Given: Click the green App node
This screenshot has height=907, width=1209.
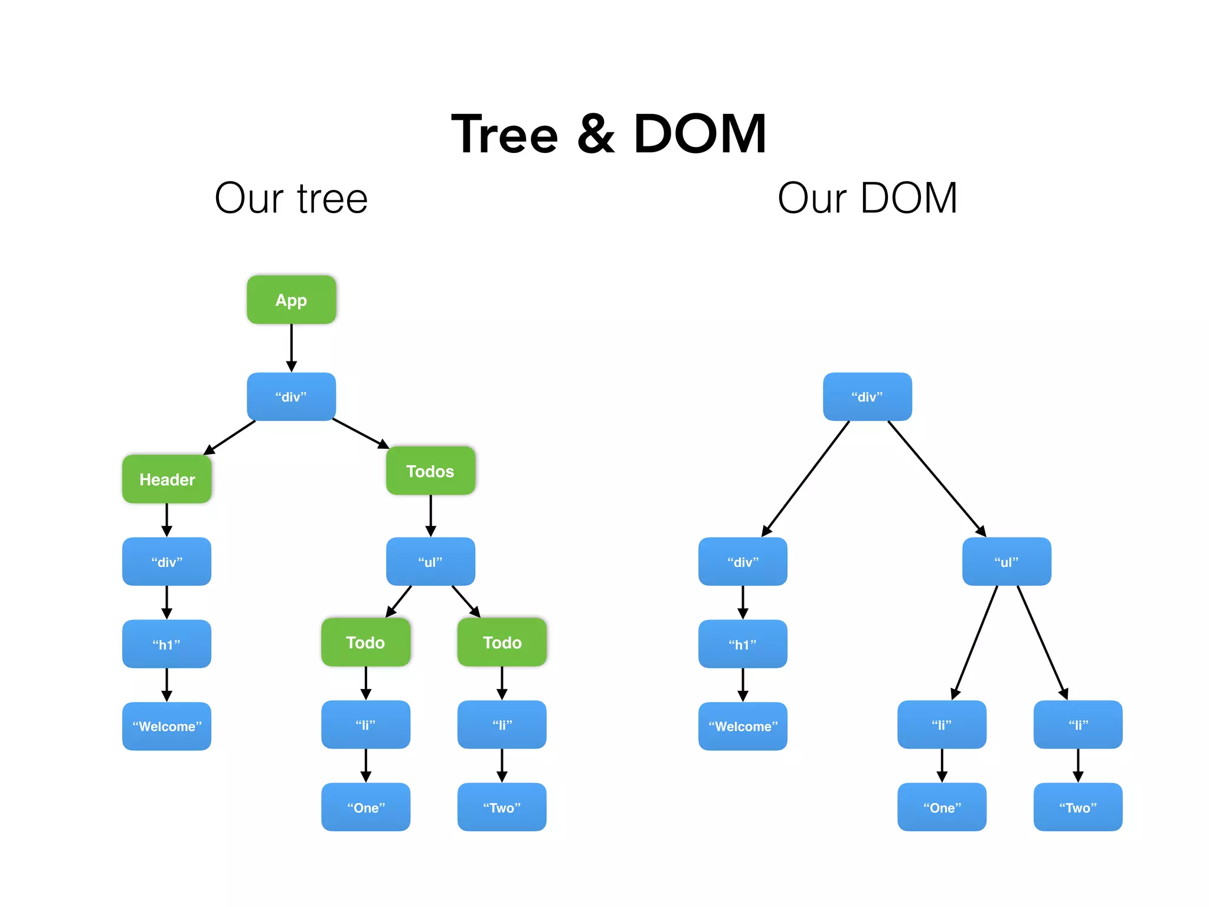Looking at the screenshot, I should [x=291, y=299].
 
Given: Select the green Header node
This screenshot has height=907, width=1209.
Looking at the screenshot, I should [x=166, y=479].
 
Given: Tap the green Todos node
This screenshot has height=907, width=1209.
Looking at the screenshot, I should [x=430, y=471].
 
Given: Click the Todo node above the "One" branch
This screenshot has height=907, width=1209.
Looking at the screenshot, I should [x=365, y=642].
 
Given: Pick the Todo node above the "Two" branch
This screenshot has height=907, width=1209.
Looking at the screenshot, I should [x=502, y=642].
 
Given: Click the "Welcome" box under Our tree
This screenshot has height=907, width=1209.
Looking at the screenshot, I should [x=166, y=726].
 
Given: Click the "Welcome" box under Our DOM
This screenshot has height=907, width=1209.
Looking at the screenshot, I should [x=743, y=726].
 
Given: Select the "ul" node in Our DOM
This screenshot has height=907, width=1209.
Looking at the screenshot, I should [x=1007, y=562].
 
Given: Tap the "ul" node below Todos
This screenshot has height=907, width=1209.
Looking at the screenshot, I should [x=430, y=562].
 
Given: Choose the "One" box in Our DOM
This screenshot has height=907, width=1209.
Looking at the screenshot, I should [x=942, y=807].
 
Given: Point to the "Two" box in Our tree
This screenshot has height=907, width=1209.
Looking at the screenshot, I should [x=502, y=807].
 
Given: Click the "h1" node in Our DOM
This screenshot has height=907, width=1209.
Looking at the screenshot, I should [x=743, y=644].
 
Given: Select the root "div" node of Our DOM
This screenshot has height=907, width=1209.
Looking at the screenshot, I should [x=867, y=396].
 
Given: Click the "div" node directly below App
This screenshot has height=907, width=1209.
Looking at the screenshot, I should [x=291, y=396].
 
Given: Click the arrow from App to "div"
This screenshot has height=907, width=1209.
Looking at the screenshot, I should [x=291, y=348].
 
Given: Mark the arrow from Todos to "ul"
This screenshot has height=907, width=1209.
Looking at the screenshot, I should [x=430, y=516].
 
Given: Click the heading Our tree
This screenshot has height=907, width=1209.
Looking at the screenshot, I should [x=291, y=198].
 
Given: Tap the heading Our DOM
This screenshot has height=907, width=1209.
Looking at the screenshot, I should [x=867, y=198].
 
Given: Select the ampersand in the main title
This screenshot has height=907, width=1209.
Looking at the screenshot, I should [x=595, y=135].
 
